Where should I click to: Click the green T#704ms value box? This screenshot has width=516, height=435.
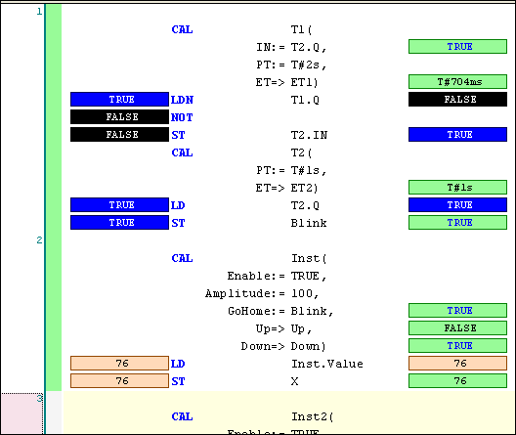457,82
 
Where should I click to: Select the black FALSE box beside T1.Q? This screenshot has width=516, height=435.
457,100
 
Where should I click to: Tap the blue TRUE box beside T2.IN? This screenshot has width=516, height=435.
457,135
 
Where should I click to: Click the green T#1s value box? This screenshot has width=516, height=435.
457,188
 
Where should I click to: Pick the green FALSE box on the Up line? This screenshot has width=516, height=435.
457,328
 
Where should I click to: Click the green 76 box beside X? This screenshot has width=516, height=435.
457,381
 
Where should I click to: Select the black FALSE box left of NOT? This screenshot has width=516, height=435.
120,117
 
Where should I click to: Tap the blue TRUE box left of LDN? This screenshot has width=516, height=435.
120,100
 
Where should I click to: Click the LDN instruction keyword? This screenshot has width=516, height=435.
182,100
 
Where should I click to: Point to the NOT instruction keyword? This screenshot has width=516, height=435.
181,117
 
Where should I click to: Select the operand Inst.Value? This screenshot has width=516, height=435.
326,364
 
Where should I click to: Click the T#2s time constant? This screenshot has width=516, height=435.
306,65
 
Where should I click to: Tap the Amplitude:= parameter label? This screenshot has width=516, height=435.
243,293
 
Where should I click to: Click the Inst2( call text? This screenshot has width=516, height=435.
313,416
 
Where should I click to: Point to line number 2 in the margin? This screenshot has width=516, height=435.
39,239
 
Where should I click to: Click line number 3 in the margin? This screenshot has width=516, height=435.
39,398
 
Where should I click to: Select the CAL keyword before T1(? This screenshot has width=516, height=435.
182,29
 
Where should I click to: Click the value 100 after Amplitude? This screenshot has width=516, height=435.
302,293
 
